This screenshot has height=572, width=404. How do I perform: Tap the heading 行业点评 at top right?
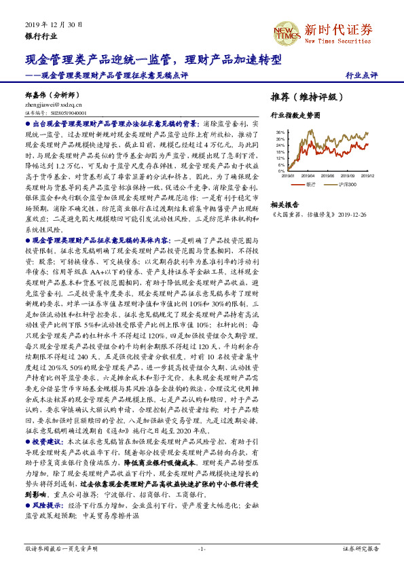coord(361,75)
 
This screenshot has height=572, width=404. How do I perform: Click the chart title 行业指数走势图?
coord(295,116)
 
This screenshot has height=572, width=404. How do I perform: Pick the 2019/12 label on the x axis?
coord(367,175)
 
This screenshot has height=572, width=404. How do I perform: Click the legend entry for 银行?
coord(308,183)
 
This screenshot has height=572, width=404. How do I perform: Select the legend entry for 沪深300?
coord(345,183)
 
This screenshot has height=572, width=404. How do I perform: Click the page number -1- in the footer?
coord(202,548)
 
